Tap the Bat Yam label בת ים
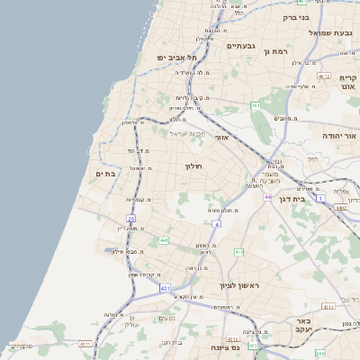point(105,174)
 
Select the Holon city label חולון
point(195,166)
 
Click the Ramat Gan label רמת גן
point(274,51)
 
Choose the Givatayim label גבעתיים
point(242,46)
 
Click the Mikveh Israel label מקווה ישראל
point(188,133)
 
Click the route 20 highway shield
point(130,218)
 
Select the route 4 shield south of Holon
point(216,222)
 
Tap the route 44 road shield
point(267,195)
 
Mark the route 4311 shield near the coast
point(85,343)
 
